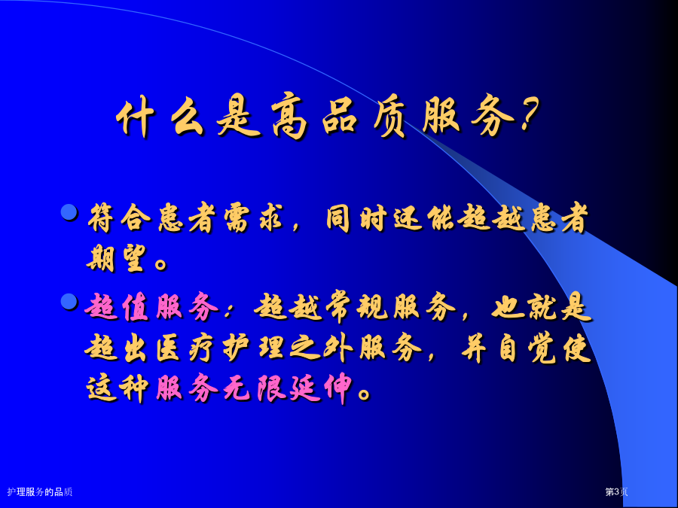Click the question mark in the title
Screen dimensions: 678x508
[x=529, y=114]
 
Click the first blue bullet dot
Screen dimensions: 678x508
[x=69, y=212]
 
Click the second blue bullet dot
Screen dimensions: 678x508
[x=69, y=301]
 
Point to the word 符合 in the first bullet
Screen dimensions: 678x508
[x=119, y=218]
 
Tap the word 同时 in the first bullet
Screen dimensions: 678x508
[x=356, y=218]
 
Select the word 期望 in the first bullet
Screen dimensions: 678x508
[x=115, y=258]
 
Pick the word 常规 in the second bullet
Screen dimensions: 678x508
[x=355, y=308]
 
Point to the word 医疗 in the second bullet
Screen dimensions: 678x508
[x=185, y=348]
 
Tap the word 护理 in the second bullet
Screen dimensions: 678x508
[x=253, y=348]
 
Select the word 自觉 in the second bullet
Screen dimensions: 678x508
[x=526, y=348]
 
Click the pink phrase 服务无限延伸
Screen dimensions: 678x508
[x=254, y=388]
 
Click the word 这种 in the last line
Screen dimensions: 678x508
[x=118, y=388]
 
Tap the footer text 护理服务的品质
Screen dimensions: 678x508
[x=39, y=491]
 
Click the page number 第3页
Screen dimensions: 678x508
[x=616, y=491]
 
